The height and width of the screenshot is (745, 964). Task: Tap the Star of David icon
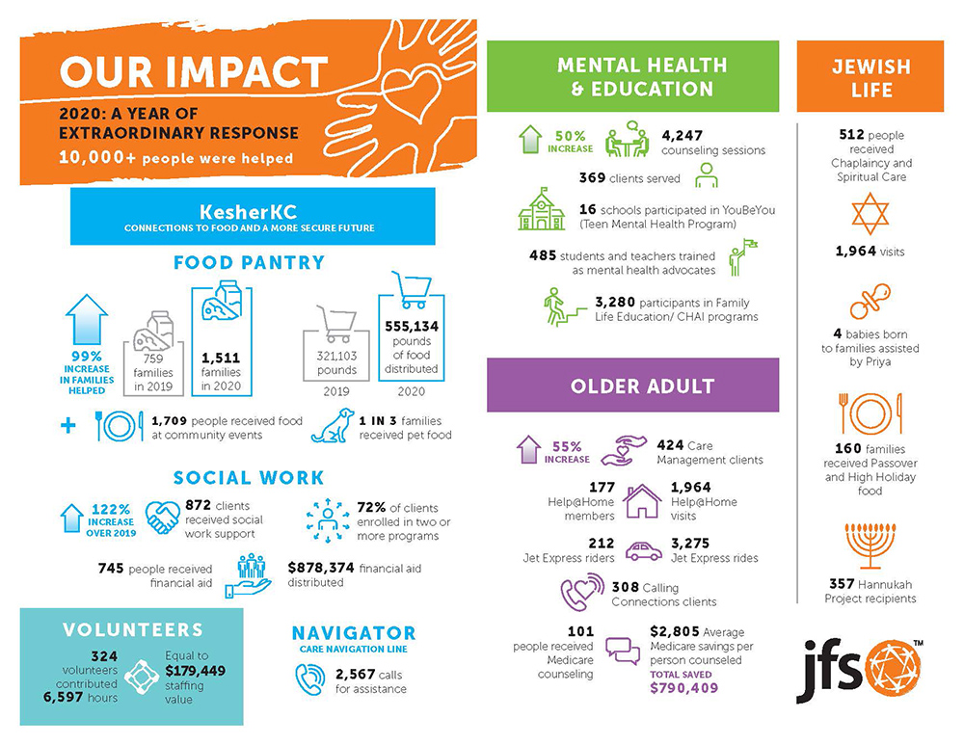point(870,213)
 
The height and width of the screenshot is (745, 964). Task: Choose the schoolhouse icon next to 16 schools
point(542,209)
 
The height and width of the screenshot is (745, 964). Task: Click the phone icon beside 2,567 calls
point(311,680)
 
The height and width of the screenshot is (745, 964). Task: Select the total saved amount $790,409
point(684,688)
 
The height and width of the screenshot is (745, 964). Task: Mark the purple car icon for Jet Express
point(643,550)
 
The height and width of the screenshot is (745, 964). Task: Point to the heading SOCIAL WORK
point(249,478)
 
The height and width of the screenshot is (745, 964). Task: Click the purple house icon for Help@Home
point(642,500)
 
